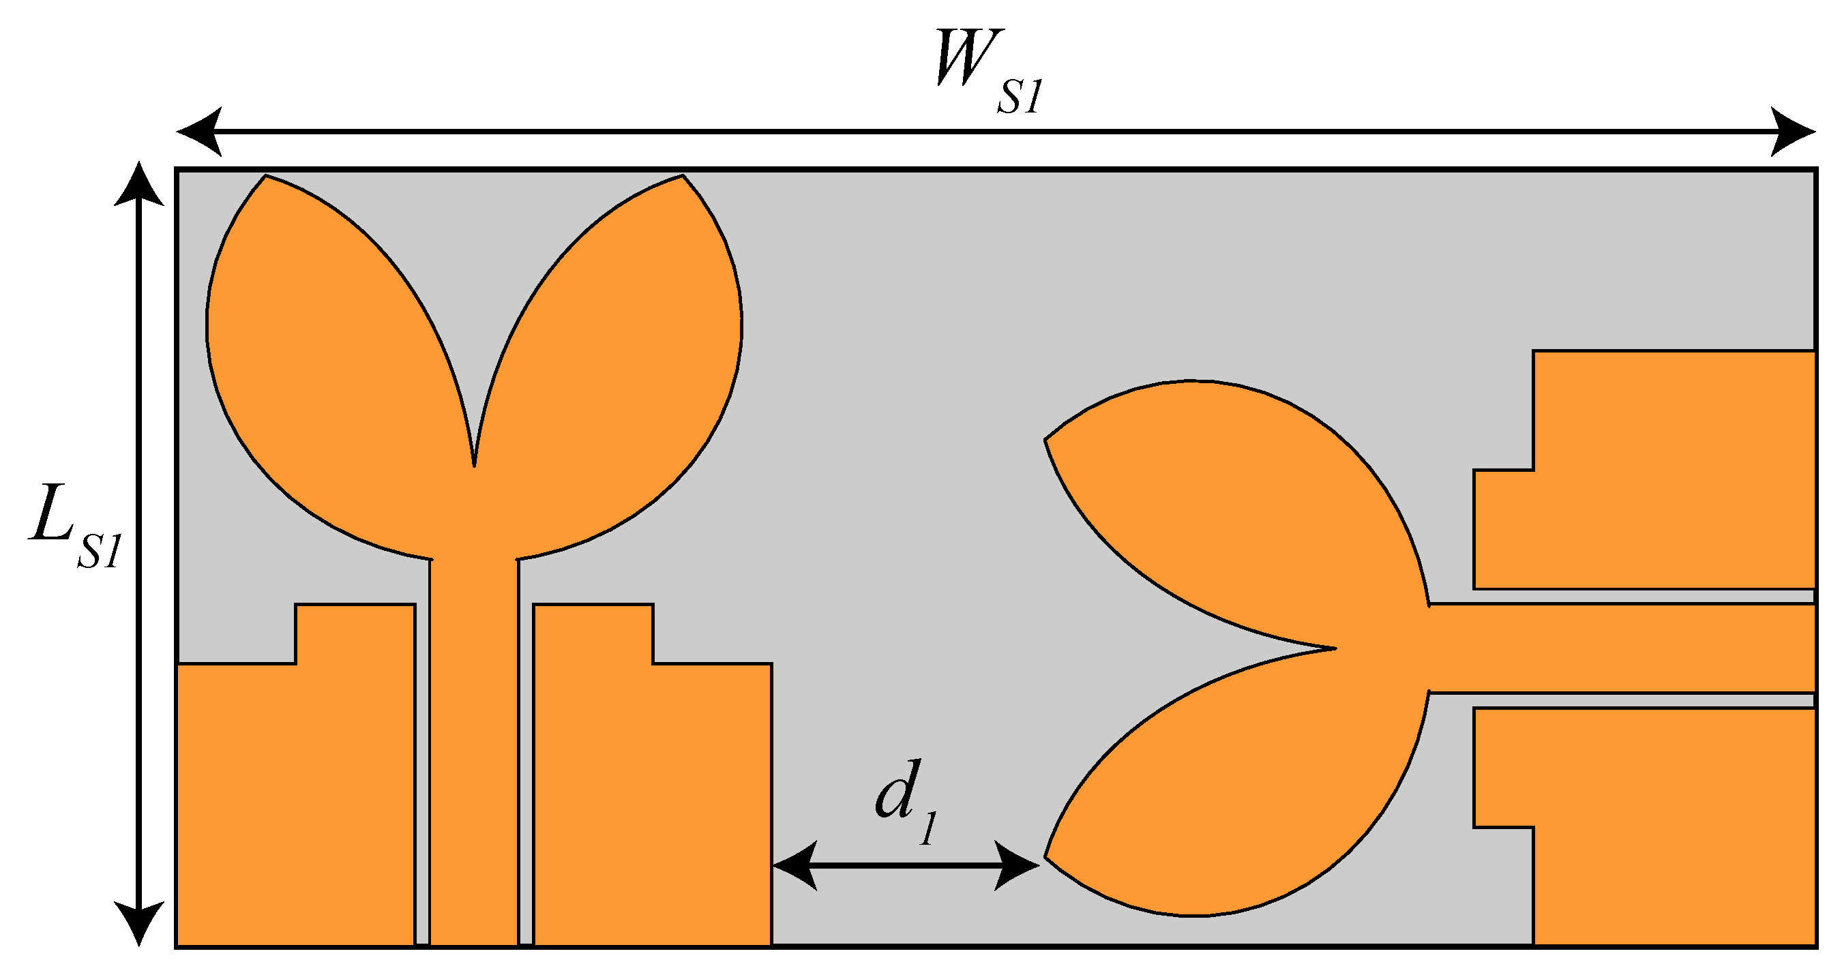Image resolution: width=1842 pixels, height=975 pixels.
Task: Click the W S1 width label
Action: tap(987, 72)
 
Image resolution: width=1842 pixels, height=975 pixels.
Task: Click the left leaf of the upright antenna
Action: tap(322, 357)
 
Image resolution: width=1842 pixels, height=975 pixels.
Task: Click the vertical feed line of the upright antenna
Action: tap(474, 751)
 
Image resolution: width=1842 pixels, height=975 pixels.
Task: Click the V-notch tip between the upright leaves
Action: tap(474, 464)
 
